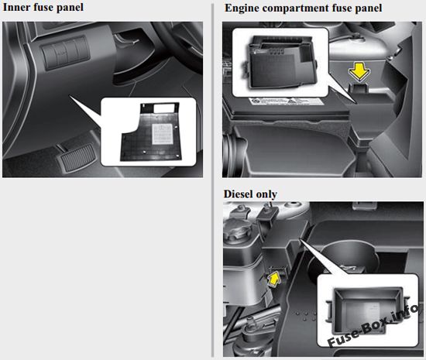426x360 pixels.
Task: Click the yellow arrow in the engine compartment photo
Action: tap(359, 71)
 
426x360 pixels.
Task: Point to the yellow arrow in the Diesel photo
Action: tap(274, 279)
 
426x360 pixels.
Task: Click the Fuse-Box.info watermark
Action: tap(373, 325)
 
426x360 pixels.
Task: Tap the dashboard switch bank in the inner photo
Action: tap(65, 53)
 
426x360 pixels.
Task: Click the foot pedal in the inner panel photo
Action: tap(77, 157)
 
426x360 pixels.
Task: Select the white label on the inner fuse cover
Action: tap(163, 134)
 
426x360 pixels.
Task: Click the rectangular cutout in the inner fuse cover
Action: tap(163, 108)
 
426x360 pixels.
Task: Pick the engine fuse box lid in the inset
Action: tap(282, 63)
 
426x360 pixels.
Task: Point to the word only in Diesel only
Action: tap(267, 194)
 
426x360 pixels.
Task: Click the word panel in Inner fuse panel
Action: tap(70, 8)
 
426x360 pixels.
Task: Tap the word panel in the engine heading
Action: tap(368, 9)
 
